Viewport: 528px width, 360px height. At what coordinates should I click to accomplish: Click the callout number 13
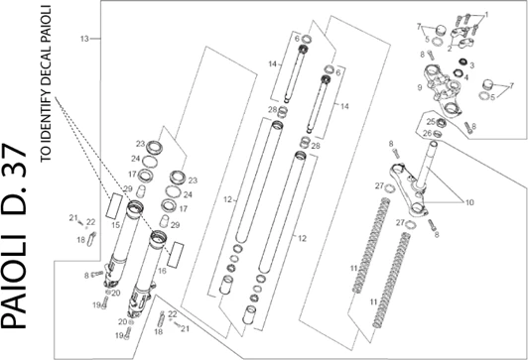coord(84,39)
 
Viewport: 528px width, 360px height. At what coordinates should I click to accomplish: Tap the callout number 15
coord(115,225)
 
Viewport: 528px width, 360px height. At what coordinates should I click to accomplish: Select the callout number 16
coord(163,271)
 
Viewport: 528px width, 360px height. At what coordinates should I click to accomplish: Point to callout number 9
coord(420,87)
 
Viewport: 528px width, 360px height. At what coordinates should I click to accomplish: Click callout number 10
coord(469,202)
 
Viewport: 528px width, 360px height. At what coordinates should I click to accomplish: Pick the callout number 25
coord(431,122)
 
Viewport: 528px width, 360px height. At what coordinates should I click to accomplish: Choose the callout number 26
coord(428,134)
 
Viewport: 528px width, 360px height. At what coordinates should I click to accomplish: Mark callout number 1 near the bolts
coord(486,15)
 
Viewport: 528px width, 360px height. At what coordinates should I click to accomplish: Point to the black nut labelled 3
coord(463,62)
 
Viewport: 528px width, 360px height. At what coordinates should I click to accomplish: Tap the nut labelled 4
coord(458,72)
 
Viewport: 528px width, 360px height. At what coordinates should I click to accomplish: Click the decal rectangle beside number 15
coord(114,205)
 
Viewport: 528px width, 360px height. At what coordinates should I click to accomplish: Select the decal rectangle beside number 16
coord(176,255)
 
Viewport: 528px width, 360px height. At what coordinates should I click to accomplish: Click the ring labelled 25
coord(441,123)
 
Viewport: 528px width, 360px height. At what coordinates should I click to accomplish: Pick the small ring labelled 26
coord(437,134)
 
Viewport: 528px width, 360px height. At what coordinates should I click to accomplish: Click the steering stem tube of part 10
coord(427,164)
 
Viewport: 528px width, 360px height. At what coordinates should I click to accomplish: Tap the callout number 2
coord(450,49)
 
